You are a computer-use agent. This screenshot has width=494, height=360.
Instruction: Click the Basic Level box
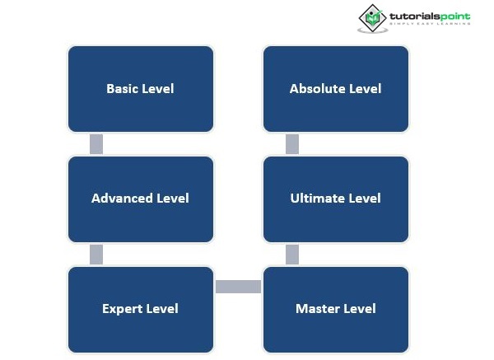click(x=141, y=89)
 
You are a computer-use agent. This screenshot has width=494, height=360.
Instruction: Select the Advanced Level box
click(x=141, y=199)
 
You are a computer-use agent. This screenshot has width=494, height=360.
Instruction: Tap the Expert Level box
click(x=141, y=310)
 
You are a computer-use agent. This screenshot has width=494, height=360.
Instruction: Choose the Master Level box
click(x=336, y=310)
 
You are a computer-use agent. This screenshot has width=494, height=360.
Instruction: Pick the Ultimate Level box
click(x=336, y=199)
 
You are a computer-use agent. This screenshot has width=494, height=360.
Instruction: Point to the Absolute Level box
click(x=336, y=89)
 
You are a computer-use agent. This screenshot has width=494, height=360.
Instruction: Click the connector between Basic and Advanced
click(x=96, y=144)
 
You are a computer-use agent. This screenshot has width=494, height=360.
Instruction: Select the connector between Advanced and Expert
click(x=96, y=255)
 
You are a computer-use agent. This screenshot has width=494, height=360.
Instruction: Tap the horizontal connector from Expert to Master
click(x=238, y=287)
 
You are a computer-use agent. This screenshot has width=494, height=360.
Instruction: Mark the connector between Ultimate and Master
click(x=292, y=255)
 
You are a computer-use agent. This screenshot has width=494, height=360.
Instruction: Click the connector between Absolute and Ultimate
click(x=292, y=144)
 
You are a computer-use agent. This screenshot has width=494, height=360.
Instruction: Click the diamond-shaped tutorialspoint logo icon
click(x=373, y=18)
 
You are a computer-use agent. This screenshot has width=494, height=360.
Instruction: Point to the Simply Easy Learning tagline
click(x=430, y=24)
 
